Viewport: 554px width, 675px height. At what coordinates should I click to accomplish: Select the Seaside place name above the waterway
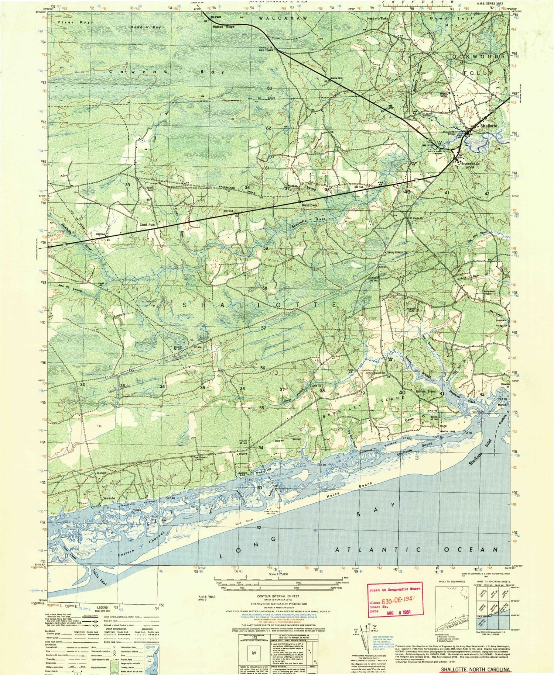[x=109, y=498]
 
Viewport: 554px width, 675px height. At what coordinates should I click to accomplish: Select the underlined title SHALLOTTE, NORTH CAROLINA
[x=473, y=669]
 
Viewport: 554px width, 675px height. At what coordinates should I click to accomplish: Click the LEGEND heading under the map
[x=102, y=607]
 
